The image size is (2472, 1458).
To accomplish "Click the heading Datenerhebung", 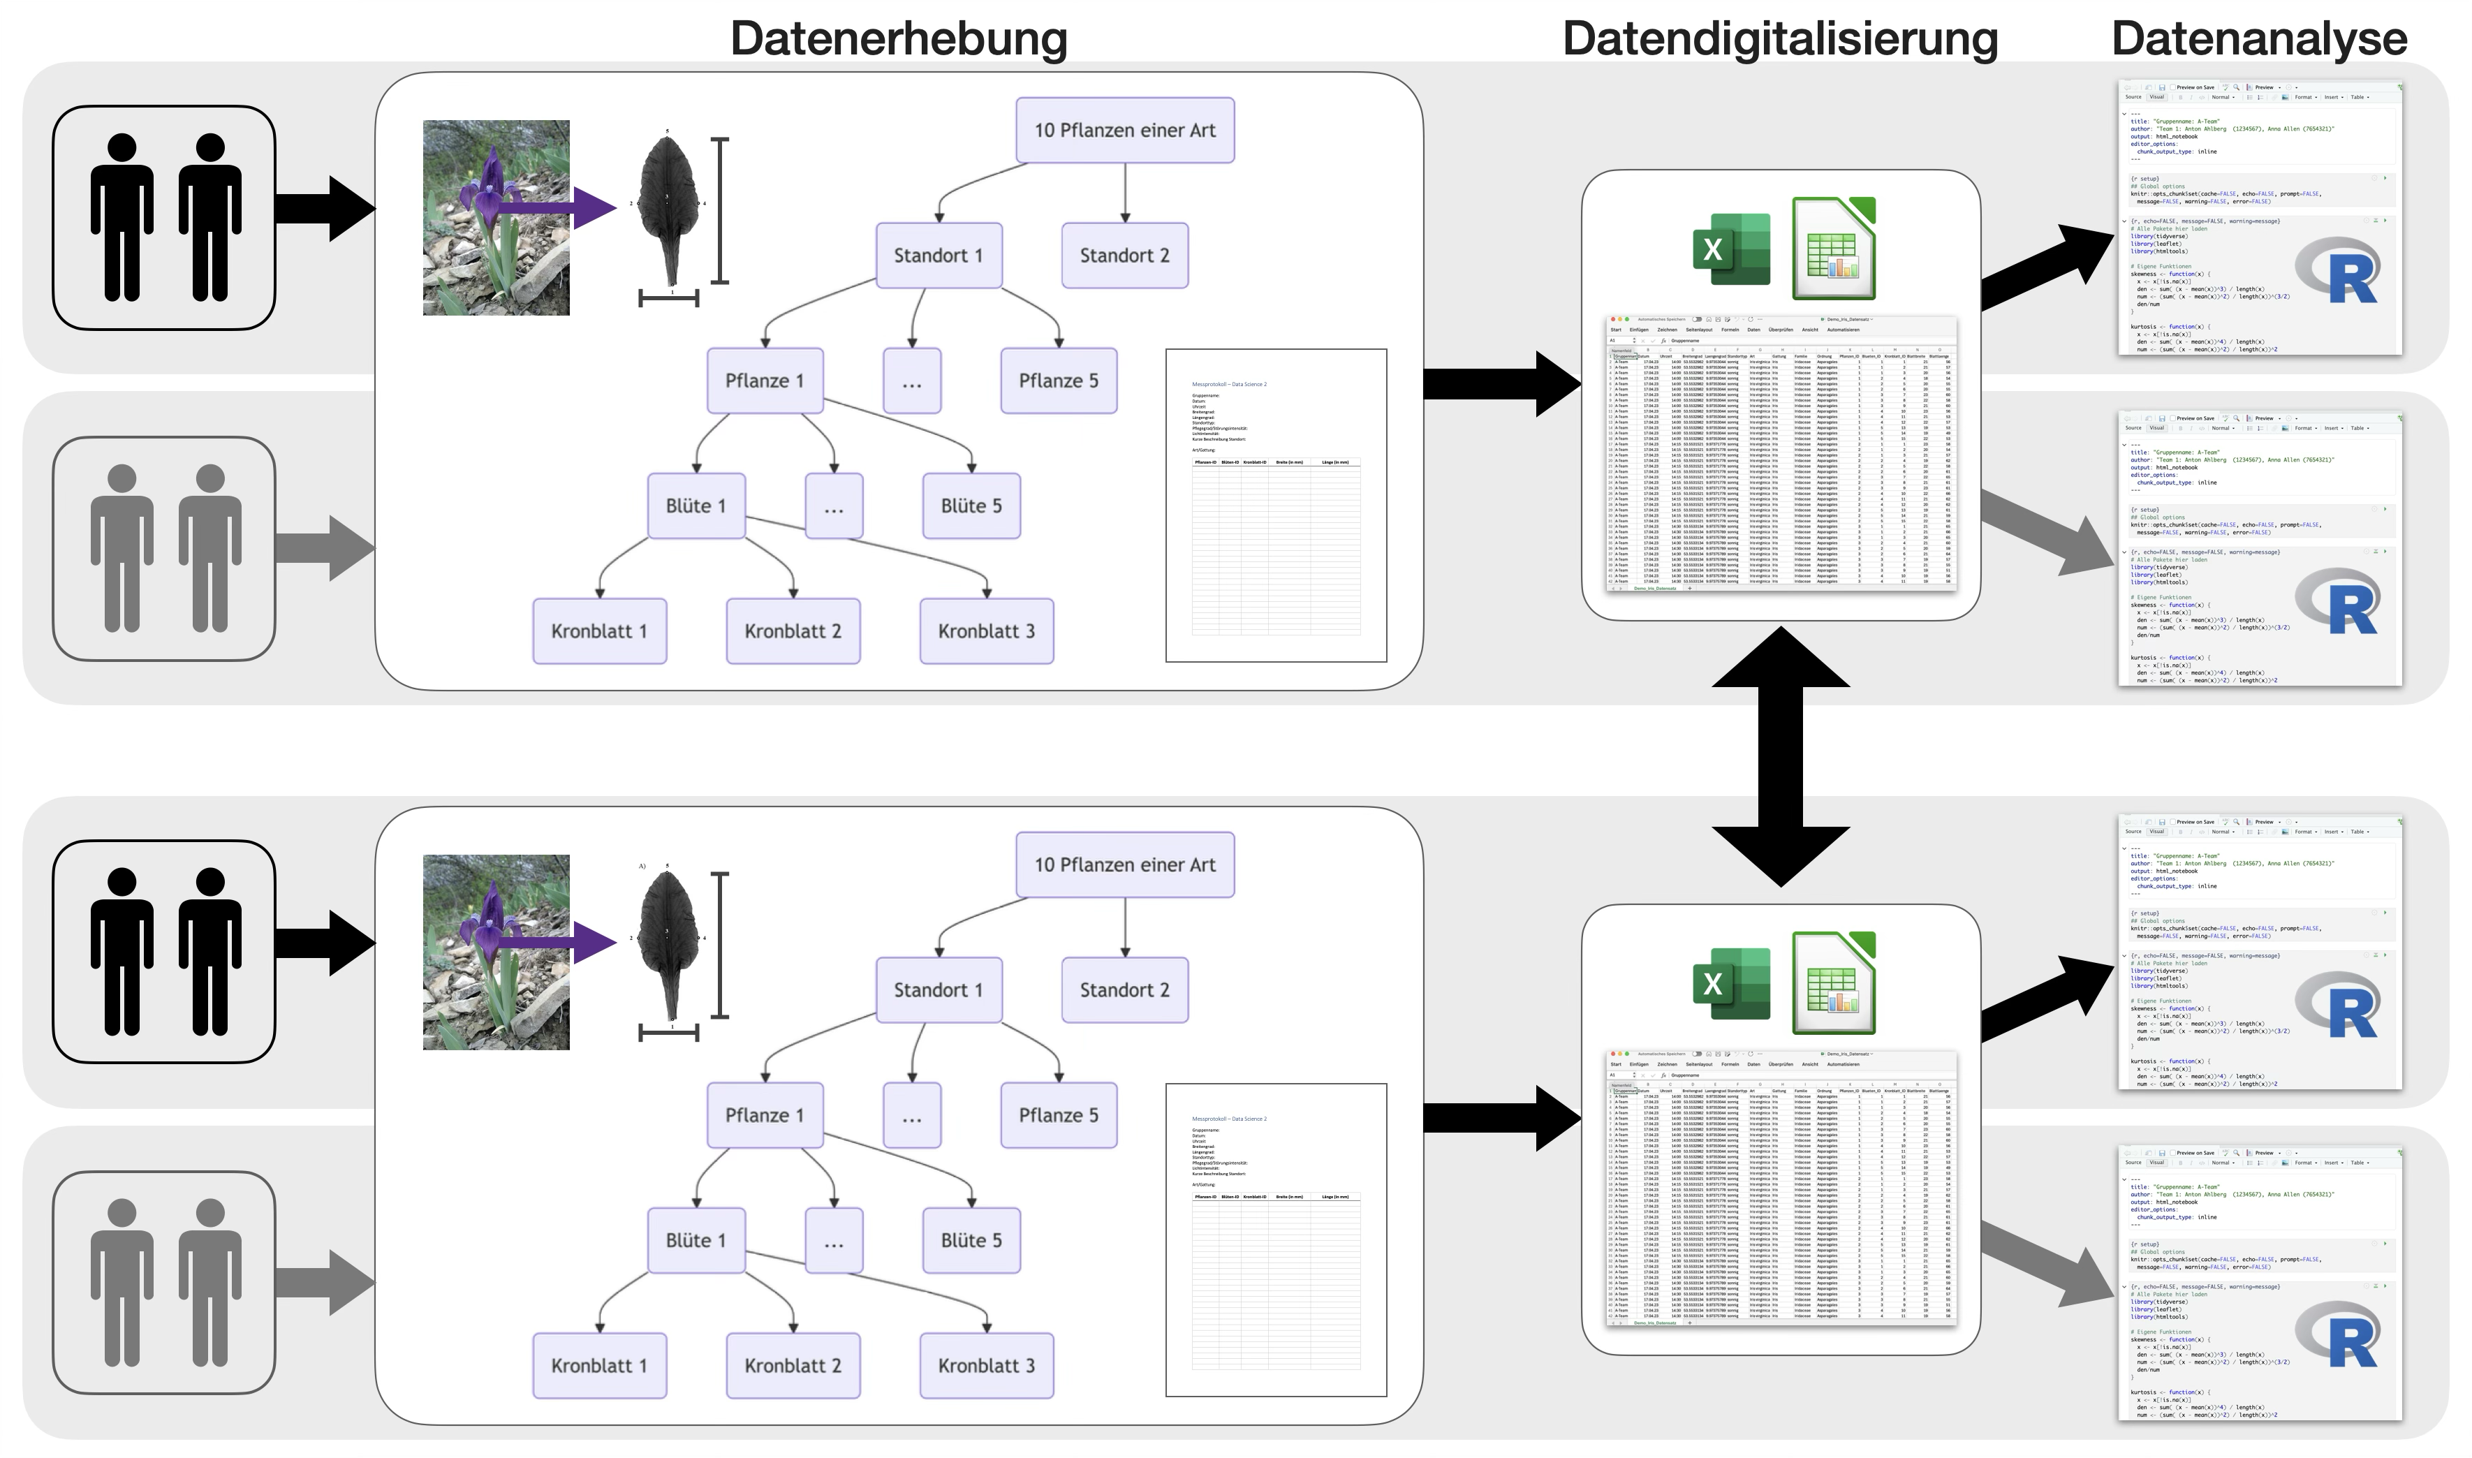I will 898,39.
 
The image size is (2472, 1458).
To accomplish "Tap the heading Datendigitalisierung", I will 1779,39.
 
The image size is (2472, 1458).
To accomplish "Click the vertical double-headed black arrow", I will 1780,756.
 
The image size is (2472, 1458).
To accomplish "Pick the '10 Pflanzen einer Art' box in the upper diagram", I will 1124,130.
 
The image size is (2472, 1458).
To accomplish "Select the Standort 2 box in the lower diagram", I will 1124,989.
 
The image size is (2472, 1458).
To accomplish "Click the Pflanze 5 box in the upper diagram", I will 1058,381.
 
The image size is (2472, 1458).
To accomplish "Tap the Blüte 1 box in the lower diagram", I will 696,1240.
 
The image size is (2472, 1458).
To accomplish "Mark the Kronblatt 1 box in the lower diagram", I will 599,1366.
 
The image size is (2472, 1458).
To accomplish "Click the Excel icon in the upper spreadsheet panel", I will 1731,249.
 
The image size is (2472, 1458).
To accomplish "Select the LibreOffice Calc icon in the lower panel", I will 1833,982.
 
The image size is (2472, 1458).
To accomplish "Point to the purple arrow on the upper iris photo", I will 560,207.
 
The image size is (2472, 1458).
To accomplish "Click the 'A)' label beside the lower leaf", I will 642,867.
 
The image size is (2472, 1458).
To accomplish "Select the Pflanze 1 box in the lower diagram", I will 765,1115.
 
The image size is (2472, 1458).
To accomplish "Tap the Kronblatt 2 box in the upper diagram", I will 793,631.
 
